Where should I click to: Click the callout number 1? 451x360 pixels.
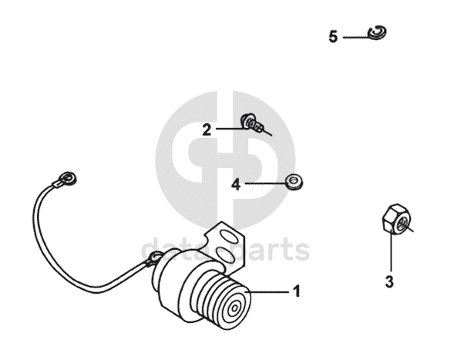[296, 291]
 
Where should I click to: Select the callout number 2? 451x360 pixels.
[207, 130]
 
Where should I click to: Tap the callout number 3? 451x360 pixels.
[389, 281]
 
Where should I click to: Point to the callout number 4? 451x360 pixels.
[236, 184]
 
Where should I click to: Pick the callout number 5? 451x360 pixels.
[333, 37]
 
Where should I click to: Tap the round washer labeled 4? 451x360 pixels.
[294, 182]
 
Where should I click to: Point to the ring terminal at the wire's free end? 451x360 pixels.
[67, 179]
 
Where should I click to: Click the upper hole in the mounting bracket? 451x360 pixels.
[229, 235]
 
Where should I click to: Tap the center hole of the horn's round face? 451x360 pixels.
[234, 308]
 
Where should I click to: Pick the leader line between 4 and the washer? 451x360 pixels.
[265, 183]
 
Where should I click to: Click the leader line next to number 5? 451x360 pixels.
[356, 37]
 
